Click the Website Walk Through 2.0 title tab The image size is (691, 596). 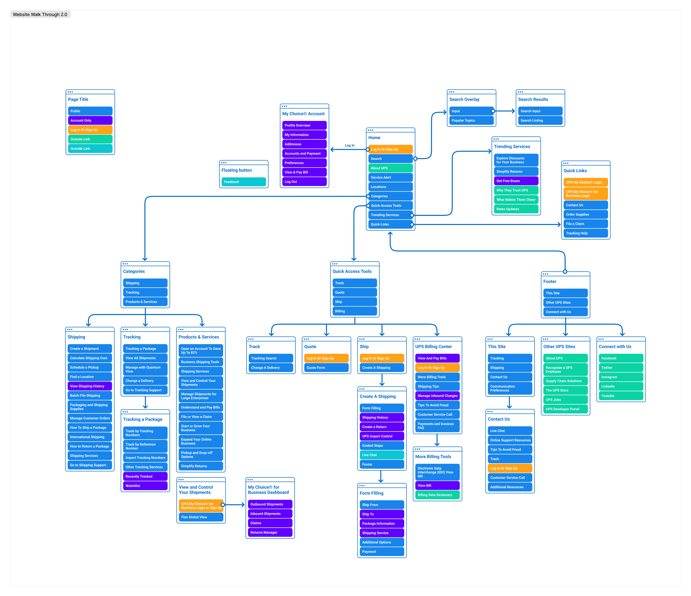[40, 14]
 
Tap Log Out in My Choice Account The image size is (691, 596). [304, 182]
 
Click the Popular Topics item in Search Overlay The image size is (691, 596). [471, 121]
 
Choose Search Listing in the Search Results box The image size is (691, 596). [540, 121]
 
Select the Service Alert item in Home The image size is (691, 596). [390, 178]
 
